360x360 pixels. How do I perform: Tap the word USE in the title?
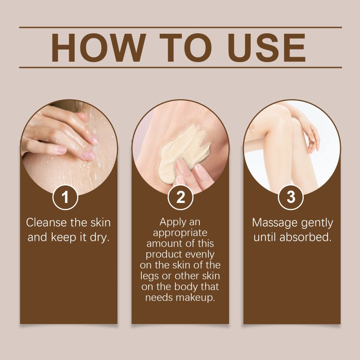[x=267, y=48]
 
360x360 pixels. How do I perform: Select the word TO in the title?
[x=185, y=48]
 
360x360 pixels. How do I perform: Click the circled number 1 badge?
[x=65, y=197]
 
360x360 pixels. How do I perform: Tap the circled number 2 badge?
[x=180, y=197]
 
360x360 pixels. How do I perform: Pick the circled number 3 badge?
[x=291, y=197]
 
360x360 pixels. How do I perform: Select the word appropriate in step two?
[x=180, y=233]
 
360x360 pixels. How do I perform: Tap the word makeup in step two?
[x=195, y=298]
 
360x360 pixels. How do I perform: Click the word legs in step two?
[x=150, y=276]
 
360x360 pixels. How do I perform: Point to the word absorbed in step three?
[x=306, y=237]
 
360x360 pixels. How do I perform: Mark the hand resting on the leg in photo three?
[x=311, y=138]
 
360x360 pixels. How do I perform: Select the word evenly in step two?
[x=200, y=255]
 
